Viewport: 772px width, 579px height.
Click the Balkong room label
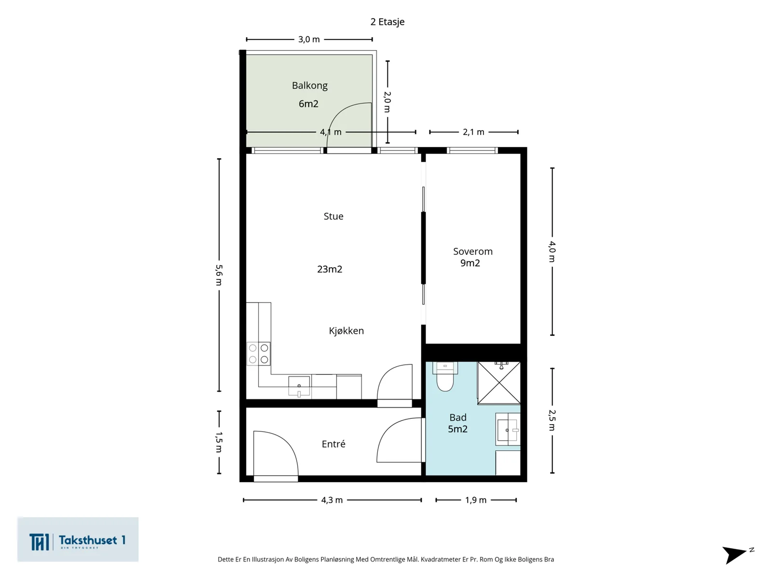(309, 85)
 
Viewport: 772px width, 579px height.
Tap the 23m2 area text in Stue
(330, 269)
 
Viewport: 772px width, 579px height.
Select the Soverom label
(473, 251)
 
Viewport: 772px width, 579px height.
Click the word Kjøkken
(346, 331)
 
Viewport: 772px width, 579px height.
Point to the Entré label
(333, 443)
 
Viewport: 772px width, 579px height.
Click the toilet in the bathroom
(445, 377)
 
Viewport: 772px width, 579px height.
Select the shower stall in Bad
(499, 383)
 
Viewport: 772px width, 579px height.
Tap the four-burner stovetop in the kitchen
(259, 354)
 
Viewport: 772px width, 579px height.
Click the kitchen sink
(299, 386)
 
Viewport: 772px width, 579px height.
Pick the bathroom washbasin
(508, 429)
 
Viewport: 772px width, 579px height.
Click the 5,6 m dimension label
(219, 275)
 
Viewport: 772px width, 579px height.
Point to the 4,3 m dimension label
(331, 500)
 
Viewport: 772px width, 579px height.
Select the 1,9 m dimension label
(476, 500)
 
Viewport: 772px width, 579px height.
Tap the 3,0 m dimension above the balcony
(309, 40)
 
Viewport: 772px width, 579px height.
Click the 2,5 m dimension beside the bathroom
(552, 420)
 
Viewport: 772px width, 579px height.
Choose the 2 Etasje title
(387, 22)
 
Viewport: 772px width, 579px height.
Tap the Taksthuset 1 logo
(78, 539)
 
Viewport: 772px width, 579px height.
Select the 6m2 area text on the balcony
(308, 104)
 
